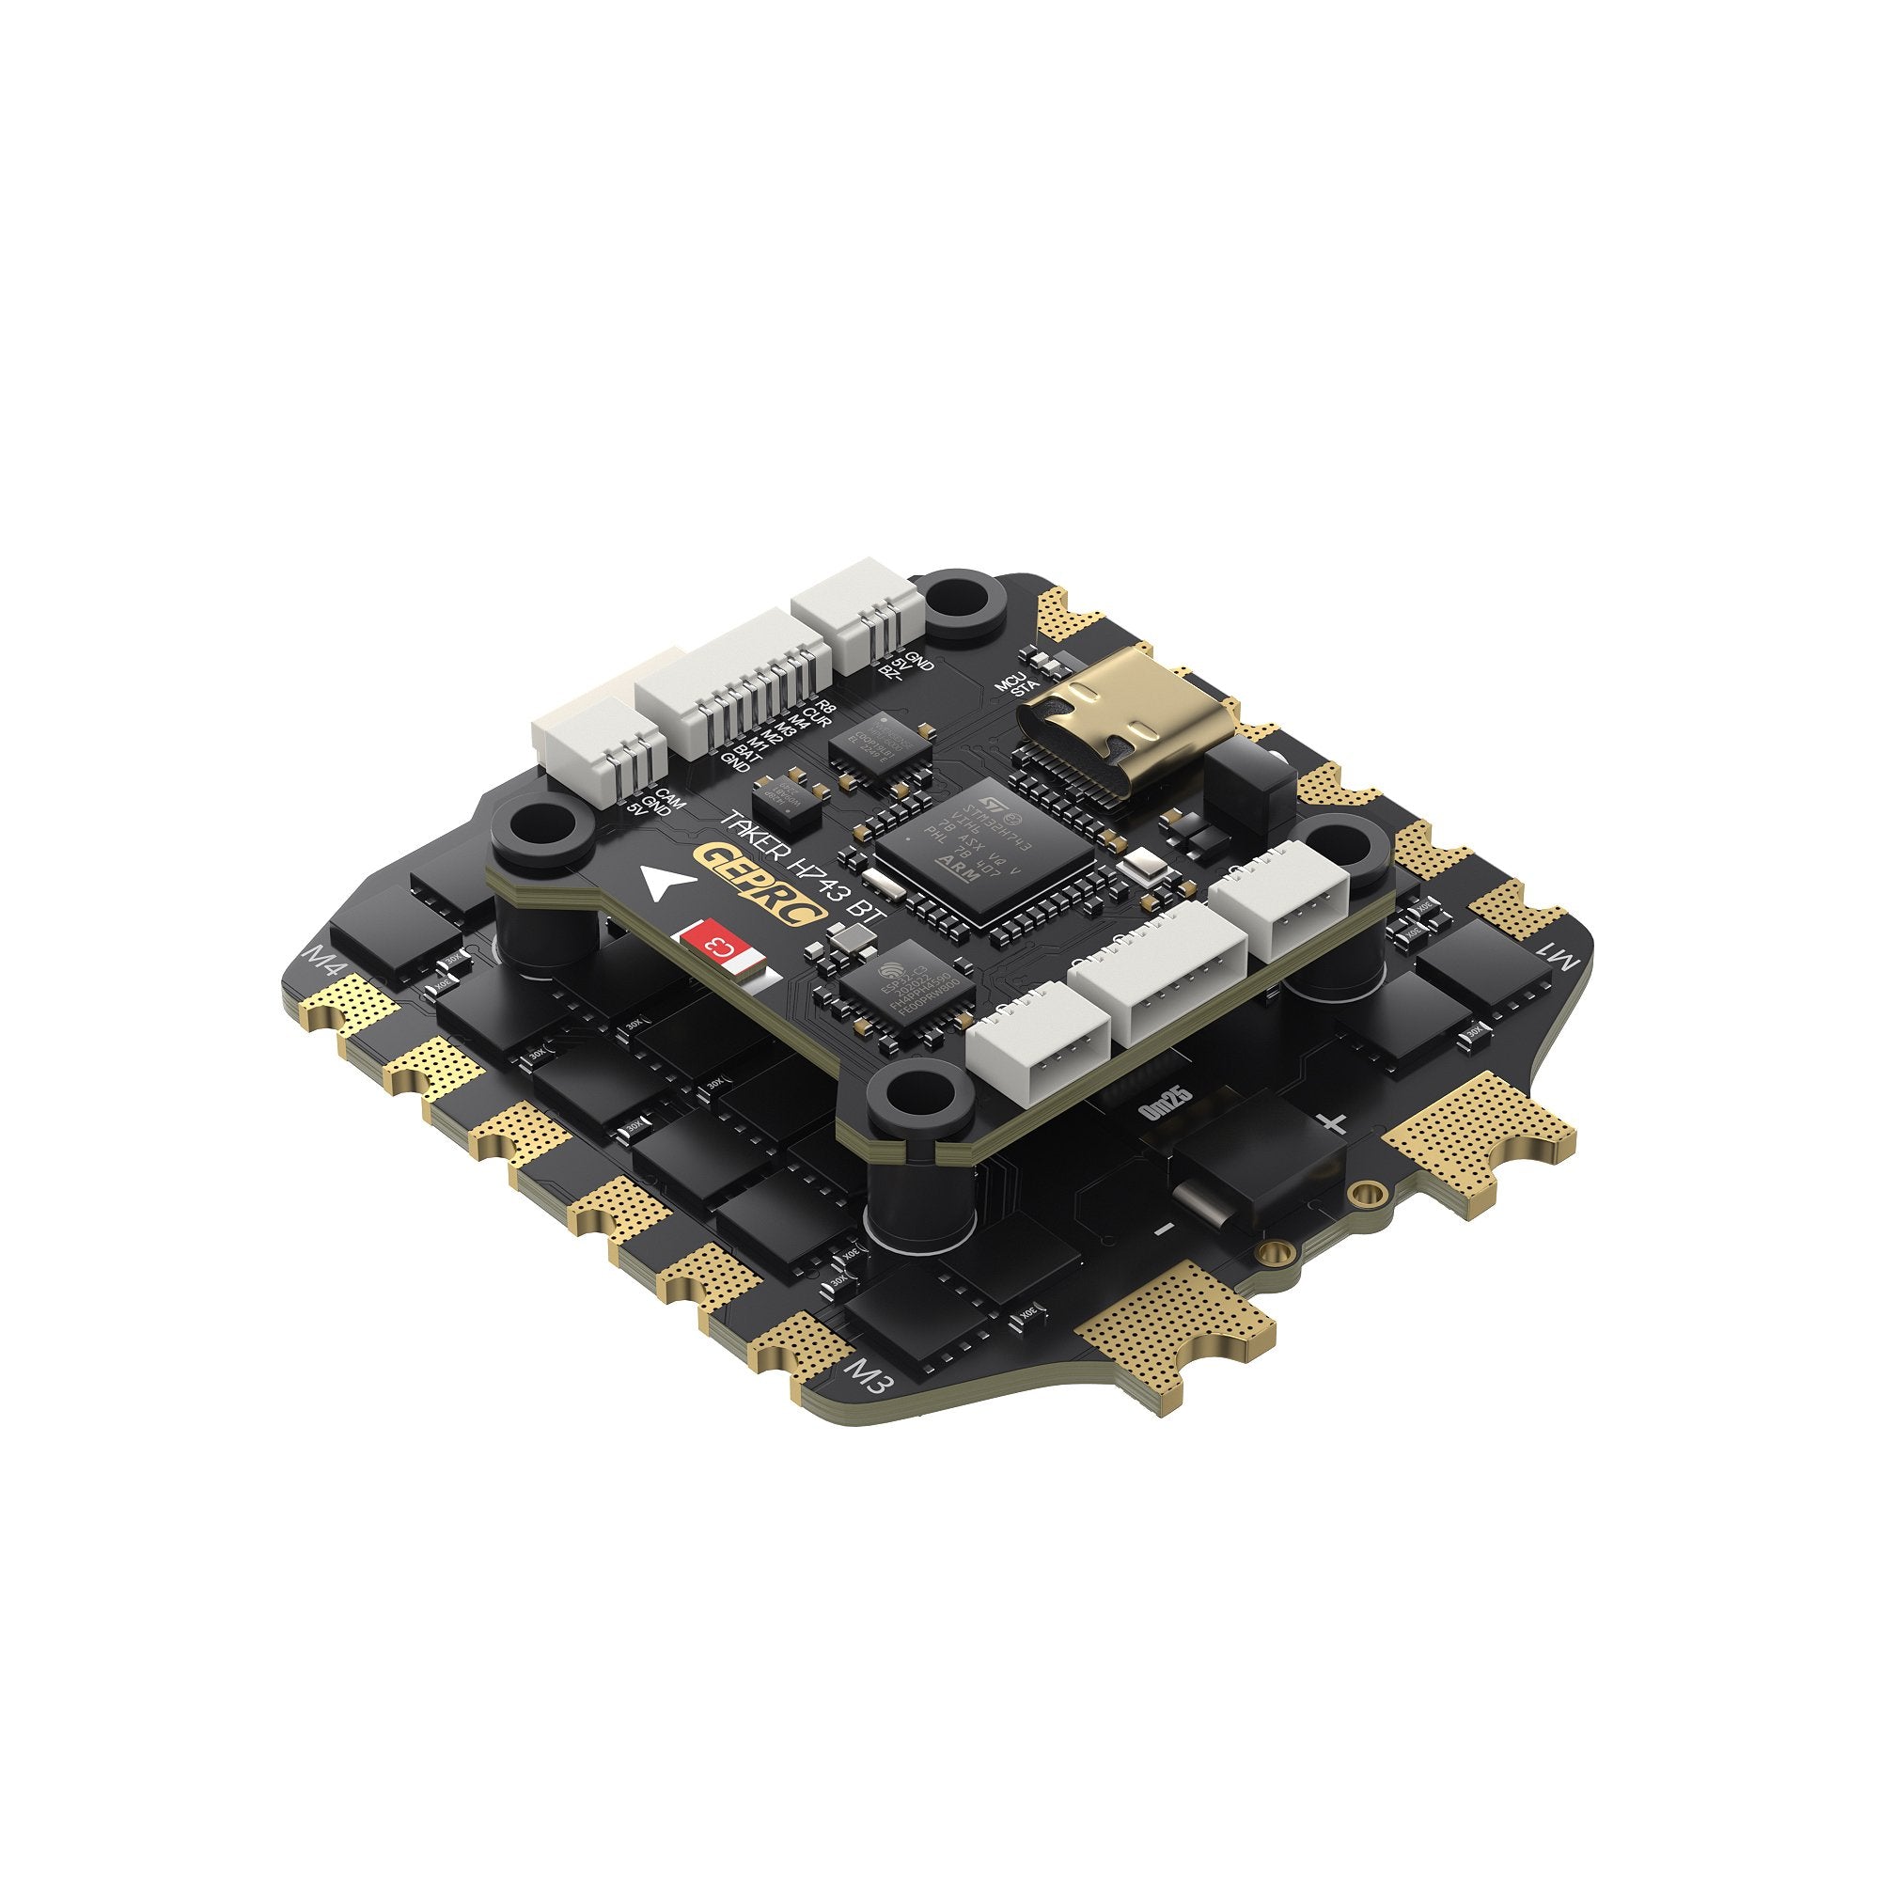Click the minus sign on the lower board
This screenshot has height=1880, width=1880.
[1165, 1229]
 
